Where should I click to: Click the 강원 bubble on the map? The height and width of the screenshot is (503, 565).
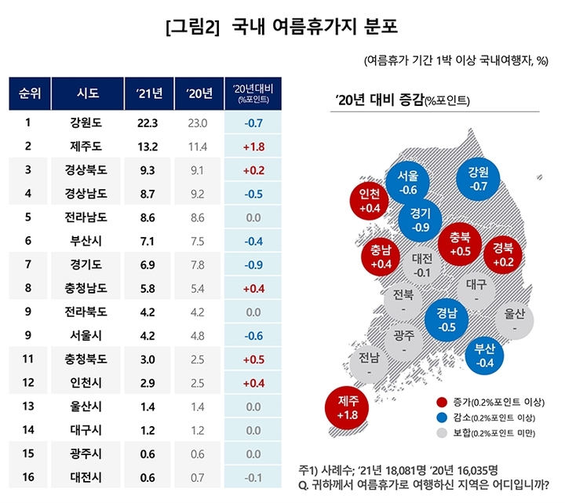[477, 180]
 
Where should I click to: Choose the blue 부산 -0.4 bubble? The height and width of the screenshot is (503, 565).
[485, 355]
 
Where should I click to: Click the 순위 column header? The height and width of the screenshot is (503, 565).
[30, 95]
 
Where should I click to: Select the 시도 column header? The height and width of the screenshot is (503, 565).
[88, 95]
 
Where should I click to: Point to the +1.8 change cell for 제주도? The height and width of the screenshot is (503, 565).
[253, 146]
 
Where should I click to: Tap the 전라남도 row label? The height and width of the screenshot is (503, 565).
[88, 217]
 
